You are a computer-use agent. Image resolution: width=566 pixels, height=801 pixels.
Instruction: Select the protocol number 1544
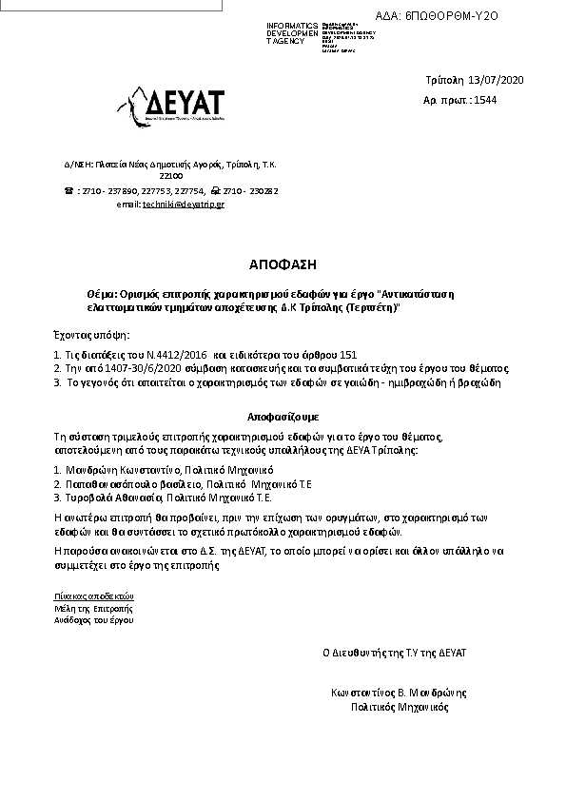485,100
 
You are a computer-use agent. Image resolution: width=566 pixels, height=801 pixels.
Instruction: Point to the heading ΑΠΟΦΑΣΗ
283,264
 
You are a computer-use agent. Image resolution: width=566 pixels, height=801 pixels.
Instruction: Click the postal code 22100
171,176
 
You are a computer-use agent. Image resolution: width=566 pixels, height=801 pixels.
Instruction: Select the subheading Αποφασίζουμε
283,418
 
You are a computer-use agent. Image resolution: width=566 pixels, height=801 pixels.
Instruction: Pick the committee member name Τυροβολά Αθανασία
113,497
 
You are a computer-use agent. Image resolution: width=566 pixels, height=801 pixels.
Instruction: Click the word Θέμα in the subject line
100,295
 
